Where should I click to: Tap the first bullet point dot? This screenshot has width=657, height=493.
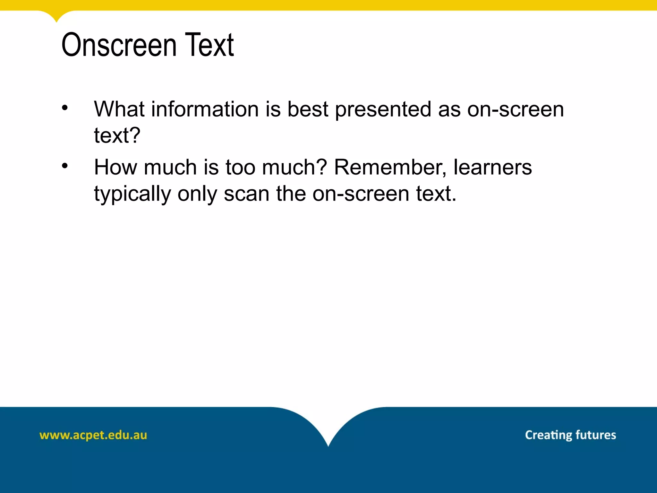[x=65, y=108]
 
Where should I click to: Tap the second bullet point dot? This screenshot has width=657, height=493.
[x=65, y=166]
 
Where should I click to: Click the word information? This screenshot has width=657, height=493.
[x=205, y=109]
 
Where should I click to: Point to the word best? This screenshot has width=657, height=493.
[x=308, y=109]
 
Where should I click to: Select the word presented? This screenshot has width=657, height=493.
[x=383, y=110]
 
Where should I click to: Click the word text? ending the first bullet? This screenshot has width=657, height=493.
[x=117, y=135]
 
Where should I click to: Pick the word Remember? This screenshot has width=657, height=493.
[x=390, y=167]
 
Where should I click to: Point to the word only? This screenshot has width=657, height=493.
[x=197, y=194]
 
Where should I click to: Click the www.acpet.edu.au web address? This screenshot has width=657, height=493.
[x=93, y=435]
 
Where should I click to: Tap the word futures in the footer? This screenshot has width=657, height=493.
[x=596, y=435]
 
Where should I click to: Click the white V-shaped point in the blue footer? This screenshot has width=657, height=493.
[x=328, y=445]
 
